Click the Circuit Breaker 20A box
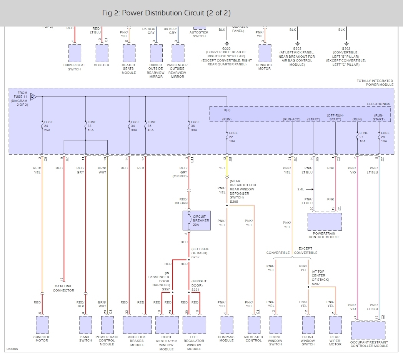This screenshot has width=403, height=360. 197,220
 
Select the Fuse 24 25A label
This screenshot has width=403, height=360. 48,126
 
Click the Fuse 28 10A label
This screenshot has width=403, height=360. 385,137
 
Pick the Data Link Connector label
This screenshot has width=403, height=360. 64,288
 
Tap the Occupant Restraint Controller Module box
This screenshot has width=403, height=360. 368,330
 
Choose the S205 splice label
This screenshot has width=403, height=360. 234,201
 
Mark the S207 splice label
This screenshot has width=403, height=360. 316,283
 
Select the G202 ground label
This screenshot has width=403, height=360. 297,48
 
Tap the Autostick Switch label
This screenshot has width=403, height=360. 199,34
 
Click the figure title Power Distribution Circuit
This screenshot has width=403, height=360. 166,13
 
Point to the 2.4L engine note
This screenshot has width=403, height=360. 301,189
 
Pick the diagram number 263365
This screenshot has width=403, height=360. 12,349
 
